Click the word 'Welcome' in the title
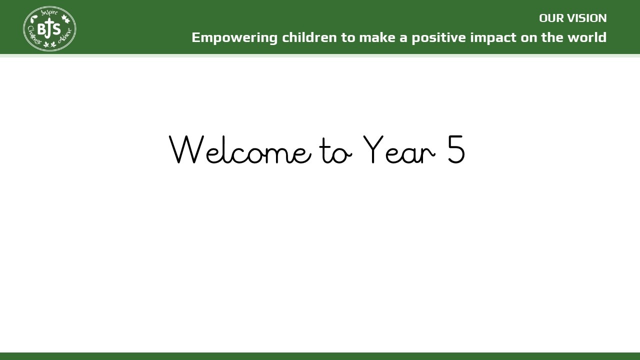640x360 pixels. coord(240,149)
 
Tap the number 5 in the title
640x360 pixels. coord(456,149)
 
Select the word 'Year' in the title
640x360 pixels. coord(399,149)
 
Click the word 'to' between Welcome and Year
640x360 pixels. coord(335,151)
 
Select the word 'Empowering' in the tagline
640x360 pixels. coord(234,38)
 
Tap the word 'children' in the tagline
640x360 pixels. coord(309,37)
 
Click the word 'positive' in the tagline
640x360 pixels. coord(438,38)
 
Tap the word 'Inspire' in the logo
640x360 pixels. coord(49,13)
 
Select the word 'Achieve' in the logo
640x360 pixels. coord(65,35)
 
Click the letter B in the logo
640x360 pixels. coord(41,29)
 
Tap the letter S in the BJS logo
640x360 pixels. coord(56,29)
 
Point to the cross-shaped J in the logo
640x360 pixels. coord(49,28)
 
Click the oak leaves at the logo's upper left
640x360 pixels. coord(34,19)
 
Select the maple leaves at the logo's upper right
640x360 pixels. coord(65,19)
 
